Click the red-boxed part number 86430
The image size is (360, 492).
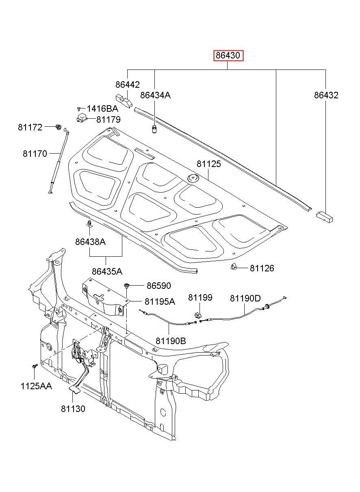[x=228, y=55]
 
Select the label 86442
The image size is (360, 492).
[x=128, y=85]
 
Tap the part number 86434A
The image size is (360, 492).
[x=155, y=95]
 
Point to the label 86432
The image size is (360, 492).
[x=326, y=95]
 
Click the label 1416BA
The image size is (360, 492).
[x=102, y=108]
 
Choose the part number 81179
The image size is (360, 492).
[x=108, y=119]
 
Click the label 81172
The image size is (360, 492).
[x=30, y=127]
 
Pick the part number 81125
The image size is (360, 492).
[x=208, y=164]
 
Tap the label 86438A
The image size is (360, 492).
[x=90, y=242]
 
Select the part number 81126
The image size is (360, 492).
[x=262, y=268]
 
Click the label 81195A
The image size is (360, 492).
[x=160, y=301]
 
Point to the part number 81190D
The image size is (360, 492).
[x=245, y=298]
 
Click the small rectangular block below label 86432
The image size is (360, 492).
[x=324, y=217]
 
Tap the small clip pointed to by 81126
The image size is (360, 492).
[x=234, y=267]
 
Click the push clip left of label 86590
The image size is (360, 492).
[x=127, y=285]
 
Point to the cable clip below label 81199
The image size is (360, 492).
[x=197, y=315]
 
